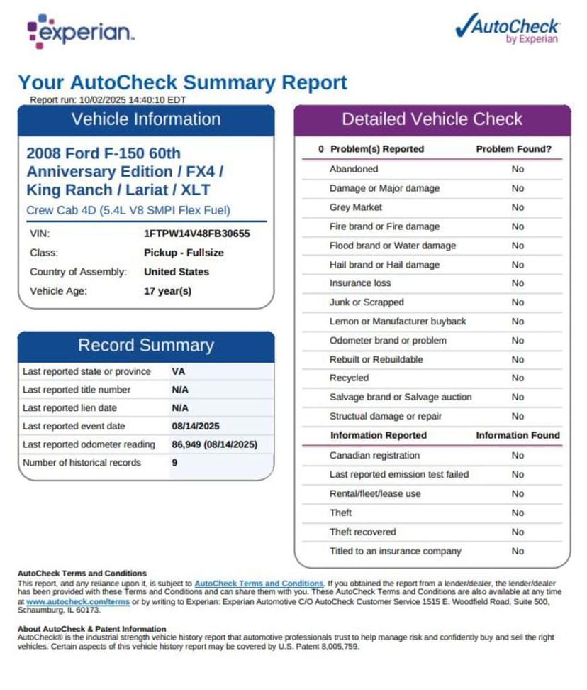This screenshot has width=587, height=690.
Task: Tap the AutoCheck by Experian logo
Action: pos(508,29)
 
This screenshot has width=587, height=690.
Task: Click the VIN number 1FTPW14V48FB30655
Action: pos(196,233)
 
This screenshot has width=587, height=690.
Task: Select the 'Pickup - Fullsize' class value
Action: pos(184,252)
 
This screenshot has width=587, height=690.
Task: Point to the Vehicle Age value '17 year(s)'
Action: pos(167,290)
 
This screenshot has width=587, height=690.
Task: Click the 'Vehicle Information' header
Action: pos(145,119)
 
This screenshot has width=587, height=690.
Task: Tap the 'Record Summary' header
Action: pos(145,346)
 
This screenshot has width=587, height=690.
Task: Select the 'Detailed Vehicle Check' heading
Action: pos(432,119)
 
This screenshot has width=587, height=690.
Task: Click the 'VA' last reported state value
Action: pos(179,371)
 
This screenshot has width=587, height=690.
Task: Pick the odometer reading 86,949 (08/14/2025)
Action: pos(214,444)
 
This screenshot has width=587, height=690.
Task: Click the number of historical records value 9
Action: pos(174,462)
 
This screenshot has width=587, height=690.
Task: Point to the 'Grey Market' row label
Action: pos(355,207)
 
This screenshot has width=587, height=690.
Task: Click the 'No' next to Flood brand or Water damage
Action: pos(518,246)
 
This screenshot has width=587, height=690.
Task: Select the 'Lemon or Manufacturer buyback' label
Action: pos(398,321)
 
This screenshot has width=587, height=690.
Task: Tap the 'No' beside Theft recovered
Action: pos(518,532)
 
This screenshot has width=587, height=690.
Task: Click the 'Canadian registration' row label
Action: pos(374,455)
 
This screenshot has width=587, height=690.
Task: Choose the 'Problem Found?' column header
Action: pos(513,149)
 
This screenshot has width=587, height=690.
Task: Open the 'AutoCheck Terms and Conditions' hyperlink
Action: pos(259,584)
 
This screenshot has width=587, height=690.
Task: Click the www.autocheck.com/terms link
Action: pos(78,601)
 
